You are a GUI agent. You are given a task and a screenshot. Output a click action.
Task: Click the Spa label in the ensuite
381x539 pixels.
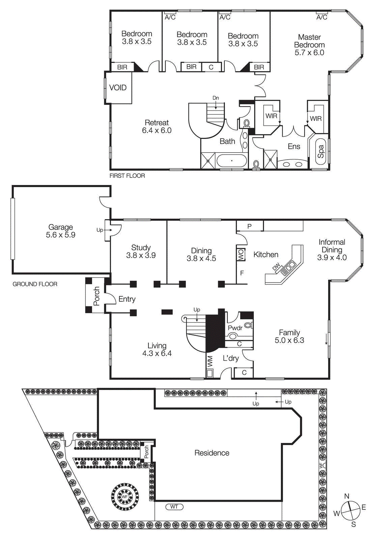tap(321, 152)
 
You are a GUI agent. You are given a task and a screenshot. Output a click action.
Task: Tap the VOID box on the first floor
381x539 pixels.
tap(118, 88)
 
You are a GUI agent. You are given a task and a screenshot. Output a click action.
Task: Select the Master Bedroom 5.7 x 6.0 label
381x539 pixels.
tap(309, 45)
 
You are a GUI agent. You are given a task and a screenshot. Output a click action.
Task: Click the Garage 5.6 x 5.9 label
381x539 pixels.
tap(61, 231)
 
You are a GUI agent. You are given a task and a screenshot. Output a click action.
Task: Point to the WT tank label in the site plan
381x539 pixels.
tap(174, 507)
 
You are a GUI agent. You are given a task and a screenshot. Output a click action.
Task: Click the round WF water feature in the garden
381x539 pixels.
tap(125, 497)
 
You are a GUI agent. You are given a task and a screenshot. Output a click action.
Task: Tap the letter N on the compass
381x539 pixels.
tap(347, 496)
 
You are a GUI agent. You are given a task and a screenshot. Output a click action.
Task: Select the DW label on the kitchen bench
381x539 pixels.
tap(276, 267)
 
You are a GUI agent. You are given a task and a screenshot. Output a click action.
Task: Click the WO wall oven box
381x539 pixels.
tap(241, 255)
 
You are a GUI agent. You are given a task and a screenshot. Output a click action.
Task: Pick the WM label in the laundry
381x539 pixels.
tap(210, 361)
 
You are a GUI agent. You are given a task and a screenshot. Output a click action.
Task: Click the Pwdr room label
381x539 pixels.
tap(235, 328)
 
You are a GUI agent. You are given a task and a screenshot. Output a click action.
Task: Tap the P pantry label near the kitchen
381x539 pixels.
tap(250, 226)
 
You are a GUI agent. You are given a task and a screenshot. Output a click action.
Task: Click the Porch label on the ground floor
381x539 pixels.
tap(97, 296)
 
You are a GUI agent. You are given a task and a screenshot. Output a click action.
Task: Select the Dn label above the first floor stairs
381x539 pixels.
tap(216, 98)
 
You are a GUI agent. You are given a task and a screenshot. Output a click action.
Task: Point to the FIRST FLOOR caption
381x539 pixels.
tap(127, 176)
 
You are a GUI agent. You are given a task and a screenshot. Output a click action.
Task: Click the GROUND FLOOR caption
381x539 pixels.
tap(35, 284)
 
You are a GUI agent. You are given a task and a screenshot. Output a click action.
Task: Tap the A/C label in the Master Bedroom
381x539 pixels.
tap(322, 17)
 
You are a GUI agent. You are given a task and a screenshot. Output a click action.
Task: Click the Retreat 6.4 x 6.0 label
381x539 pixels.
tap(157, 127)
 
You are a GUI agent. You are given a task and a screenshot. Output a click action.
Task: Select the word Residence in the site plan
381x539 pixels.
tap(212, 453)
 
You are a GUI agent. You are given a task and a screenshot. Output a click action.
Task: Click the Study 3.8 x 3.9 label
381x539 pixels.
tap(141, 251)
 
